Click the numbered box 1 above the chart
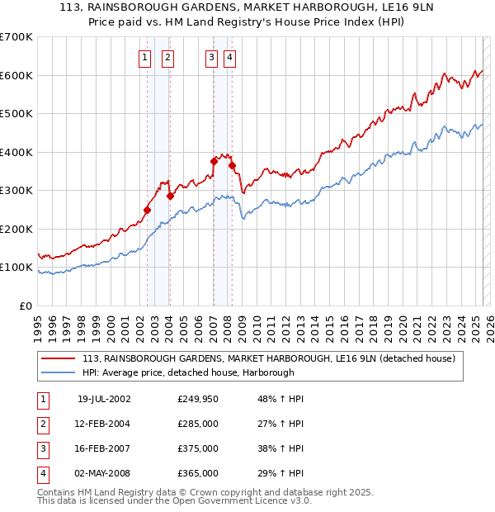pyautogui.click(x=145, y=57)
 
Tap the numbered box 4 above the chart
pyautogui.click(x=229, y=57)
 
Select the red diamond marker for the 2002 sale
pyautogui.click(x=148, y=210)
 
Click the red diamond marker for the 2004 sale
pyautogui.click(x=170, y=197)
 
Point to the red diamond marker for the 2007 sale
pyautogui.click(x=214, y=162)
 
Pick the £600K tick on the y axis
pyautogui.click(x=16, y=75)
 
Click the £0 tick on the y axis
pyautogui.click(x=25, y=306)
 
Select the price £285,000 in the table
pyautogui.click(x=198, y=424)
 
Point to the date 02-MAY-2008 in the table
pyautogui.click(x=104, y=474)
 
